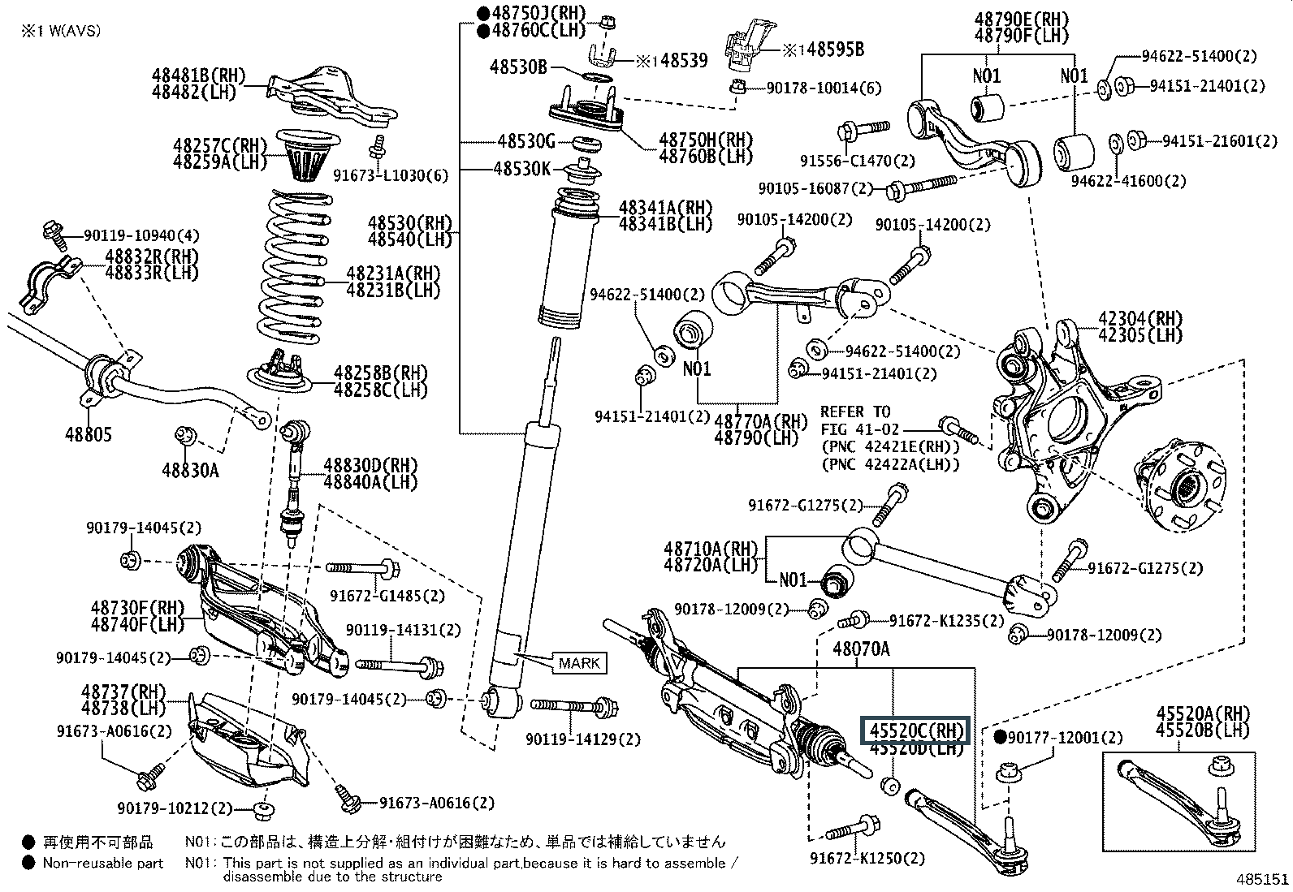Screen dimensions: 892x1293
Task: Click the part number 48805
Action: click(89, 434)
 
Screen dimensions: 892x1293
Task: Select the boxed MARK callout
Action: click(580, 663)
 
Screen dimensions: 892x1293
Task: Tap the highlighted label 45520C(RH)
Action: click(916, 730)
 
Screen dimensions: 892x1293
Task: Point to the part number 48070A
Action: click(862, 649)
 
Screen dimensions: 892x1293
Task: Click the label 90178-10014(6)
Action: click(824, 88)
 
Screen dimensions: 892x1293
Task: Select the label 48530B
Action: click(518, 67)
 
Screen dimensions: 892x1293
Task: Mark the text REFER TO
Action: click(855, 412)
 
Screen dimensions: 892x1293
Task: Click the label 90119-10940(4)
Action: click(141, 236)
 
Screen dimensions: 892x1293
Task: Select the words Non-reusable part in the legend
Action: click(103, 863)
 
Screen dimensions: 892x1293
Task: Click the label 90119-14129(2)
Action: click(582, 739)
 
